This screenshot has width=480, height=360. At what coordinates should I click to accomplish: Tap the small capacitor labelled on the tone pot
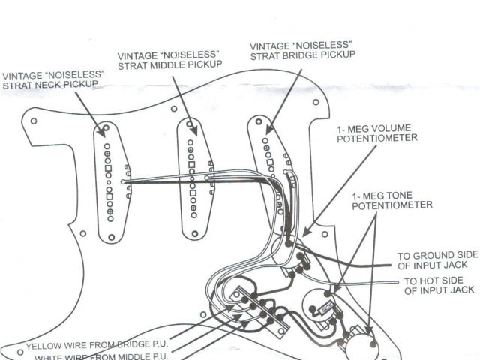(328, 307)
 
